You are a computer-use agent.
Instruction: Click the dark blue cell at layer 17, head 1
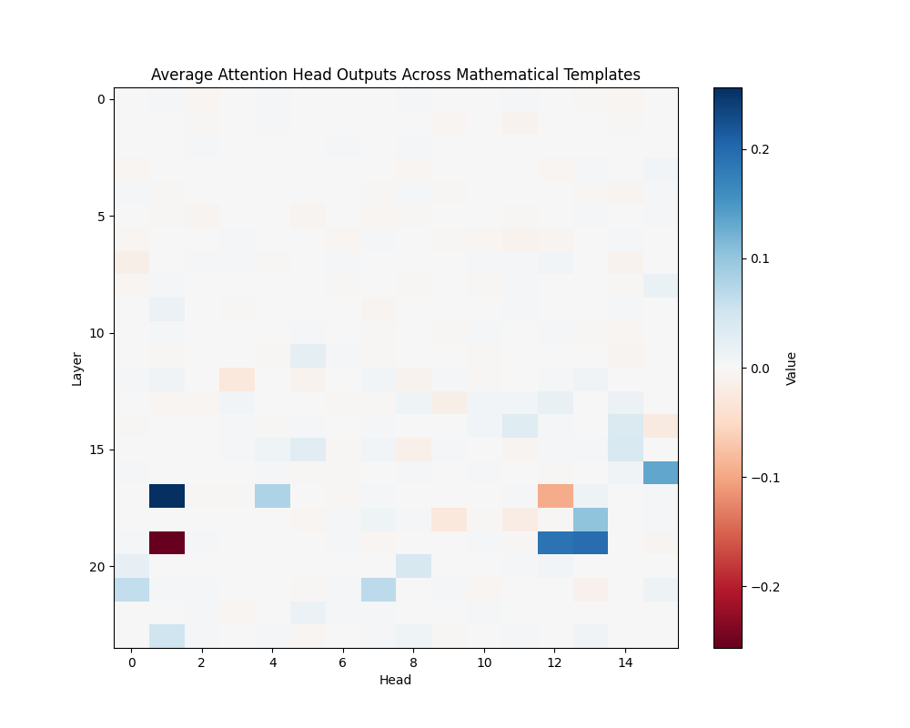pyautogui.click(x=167, y=496)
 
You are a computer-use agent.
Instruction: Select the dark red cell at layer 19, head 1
pyautogui.click(x=167, y=542)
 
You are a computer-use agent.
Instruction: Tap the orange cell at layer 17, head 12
pyautogui.click(x=555, y=496)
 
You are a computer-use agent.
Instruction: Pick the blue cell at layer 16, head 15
pyautogui.click(x=661, y=472)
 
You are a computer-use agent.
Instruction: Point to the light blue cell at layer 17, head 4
pyautogui.click(x=273, y=496)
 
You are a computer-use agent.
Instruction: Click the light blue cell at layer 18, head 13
pyautogui.click(x=591, y=520)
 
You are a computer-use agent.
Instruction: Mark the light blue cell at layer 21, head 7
pyautogui.click(x=379, y=590)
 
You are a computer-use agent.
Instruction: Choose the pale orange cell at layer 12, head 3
pyautogui.click(x=238, y=379)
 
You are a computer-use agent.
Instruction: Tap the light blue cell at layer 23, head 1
pyautogui.click(x=167, y=636)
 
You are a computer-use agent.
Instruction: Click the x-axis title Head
pyautogui.click(x=396, y=680)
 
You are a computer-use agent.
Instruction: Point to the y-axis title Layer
pyautogui.click(x=77, y=368)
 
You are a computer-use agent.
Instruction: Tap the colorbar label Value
pyautogui.click(x=791, y=368)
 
